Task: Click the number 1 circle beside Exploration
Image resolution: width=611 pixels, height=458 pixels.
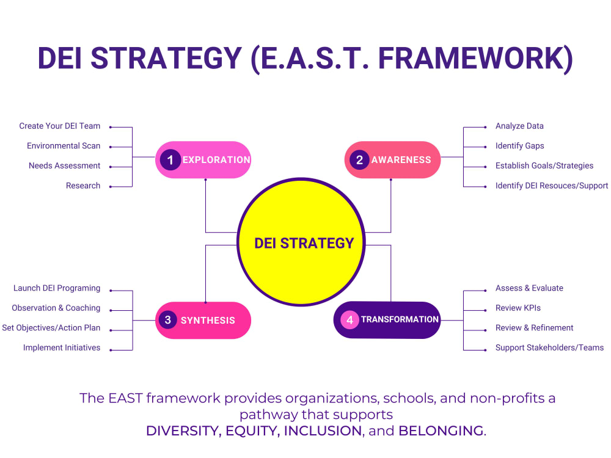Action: [x=170, y=160]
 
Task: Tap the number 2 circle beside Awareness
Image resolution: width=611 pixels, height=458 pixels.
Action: [x=360, y=160]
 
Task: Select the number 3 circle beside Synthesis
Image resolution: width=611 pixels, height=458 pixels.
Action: [x=167, y=320]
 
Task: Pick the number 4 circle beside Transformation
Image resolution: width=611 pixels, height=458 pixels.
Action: [x=349, y=319]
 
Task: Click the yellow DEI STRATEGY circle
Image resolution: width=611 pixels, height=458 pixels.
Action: [x=304, y=243]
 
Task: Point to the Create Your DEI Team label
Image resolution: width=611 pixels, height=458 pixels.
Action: [x=60, y=126]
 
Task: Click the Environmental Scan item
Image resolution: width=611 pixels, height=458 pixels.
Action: [x=64, y=146]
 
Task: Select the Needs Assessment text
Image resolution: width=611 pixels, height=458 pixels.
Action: [x=65, y=166]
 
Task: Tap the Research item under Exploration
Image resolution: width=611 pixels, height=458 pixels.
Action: [x=83, y=186]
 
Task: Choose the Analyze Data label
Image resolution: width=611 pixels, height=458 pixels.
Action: [x=519, y=126]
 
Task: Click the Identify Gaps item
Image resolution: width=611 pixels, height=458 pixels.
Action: [x=519, y=146]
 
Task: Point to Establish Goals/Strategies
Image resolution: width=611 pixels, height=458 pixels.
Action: [x=544, y=166]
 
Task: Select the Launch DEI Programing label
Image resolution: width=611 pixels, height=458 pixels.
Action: [x=57, y=288]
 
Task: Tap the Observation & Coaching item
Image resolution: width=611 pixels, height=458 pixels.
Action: [x=56, y=308]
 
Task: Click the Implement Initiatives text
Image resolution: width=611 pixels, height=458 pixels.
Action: [x=62, y=348]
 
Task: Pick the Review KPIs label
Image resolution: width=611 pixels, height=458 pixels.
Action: [x=518, y=308]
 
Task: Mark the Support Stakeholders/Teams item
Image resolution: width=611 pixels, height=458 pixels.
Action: [x=549, y=348]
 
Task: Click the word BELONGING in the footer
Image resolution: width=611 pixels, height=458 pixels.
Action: [x=441, y=431]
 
